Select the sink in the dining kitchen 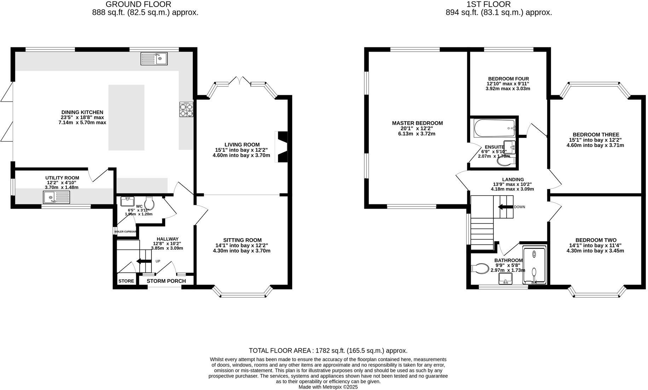(154, 59)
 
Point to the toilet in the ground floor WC (150, 203)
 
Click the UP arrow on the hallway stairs (143, 261)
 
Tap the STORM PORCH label (166, 281)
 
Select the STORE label (126, 281)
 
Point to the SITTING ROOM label (242, 240)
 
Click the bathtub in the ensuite (494, 128)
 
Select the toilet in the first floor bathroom (480, 268)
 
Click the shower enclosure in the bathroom (534, 266)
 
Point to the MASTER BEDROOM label (417, 123)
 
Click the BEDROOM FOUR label (509, 78)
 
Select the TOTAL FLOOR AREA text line (328, 351)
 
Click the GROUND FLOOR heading (138, 4)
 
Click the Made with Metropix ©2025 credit (328, 387)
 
